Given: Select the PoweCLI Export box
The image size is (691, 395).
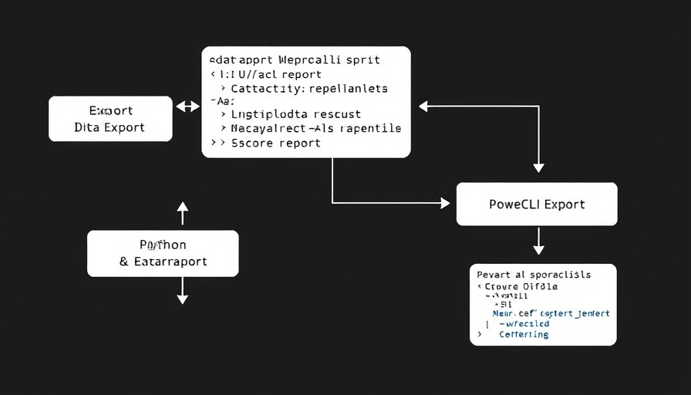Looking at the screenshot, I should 537,204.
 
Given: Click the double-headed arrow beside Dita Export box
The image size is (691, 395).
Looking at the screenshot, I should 187,106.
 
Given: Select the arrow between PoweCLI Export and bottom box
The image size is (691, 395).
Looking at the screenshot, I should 538,243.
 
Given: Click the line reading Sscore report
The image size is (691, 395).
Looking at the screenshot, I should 275,143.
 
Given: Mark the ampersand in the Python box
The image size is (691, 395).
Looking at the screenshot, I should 124,262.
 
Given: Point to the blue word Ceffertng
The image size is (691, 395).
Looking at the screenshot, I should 524,334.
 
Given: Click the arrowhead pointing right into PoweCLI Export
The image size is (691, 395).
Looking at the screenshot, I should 444,203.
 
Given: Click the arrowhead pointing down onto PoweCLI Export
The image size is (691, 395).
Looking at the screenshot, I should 538,167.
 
